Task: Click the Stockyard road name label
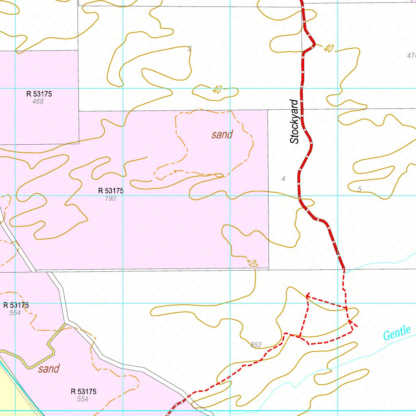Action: click(x=295, y=121)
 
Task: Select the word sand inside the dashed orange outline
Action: click(x=222, y=135)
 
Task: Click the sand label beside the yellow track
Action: click(x=49, y=369)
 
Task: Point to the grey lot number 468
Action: click(x=38, y=101)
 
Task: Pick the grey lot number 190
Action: click(x=110, y=198)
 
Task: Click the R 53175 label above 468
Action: click(x=39, y=94)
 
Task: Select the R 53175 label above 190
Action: click(x=110, y=191)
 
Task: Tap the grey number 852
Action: click(x=256, y=345)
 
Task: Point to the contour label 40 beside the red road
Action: click(x=328, y=49)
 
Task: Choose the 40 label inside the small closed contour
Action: click(x=217, y=90)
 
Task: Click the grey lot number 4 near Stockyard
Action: click(x=283, y=179)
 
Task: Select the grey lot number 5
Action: click(x=360, y=189)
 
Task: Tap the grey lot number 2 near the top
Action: click(x=189, y=49)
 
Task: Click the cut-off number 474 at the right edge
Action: click(x=411, y=56)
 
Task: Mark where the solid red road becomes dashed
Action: click(x=344, y=269)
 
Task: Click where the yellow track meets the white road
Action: click(x=65, y=323)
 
